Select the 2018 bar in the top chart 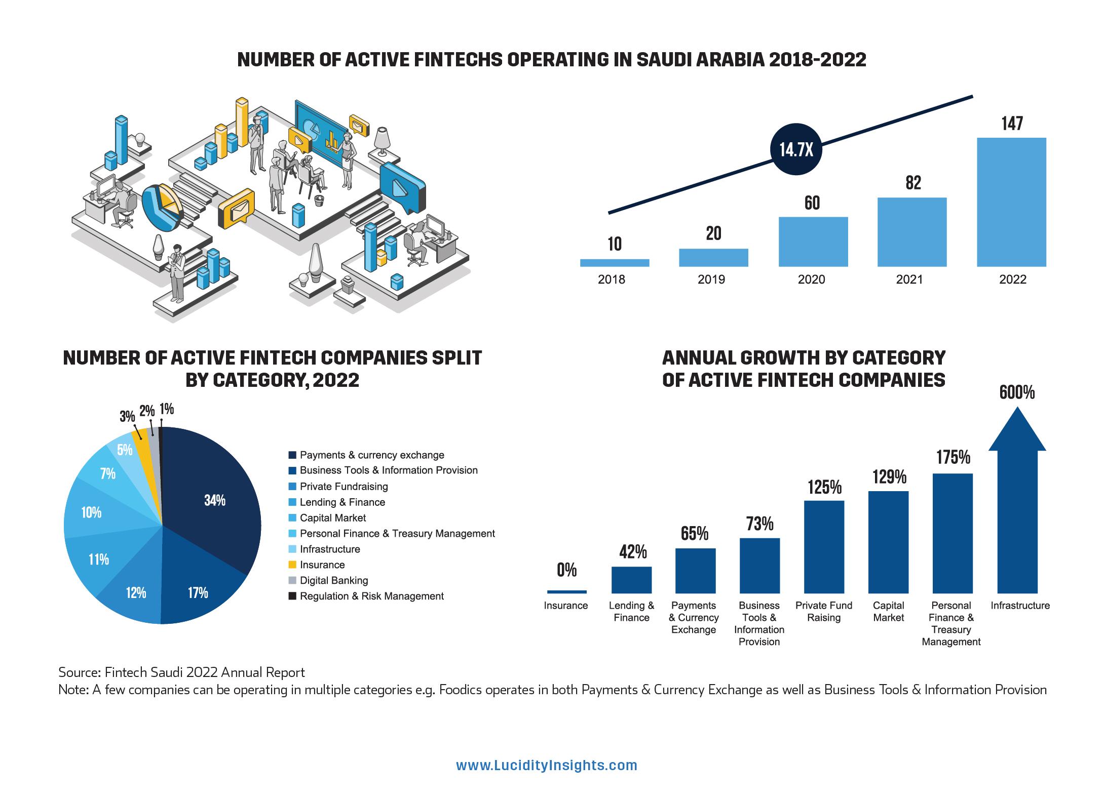coord(614,262)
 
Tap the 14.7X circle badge coord(796,149)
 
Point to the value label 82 coord(913,183)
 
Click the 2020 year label coord(811,280)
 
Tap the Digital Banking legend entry coord(333,580)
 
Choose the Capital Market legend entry coord(332,517)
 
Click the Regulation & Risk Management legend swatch coord(292,596)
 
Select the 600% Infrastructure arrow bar coord(1017,506)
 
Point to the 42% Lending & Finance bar coord(631,579)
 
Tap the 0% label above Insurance coord(566,571)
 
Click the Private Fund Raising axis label coord(824,611)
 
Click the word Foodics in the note coord(461,690)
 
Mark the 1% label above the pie coord(166,409)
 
